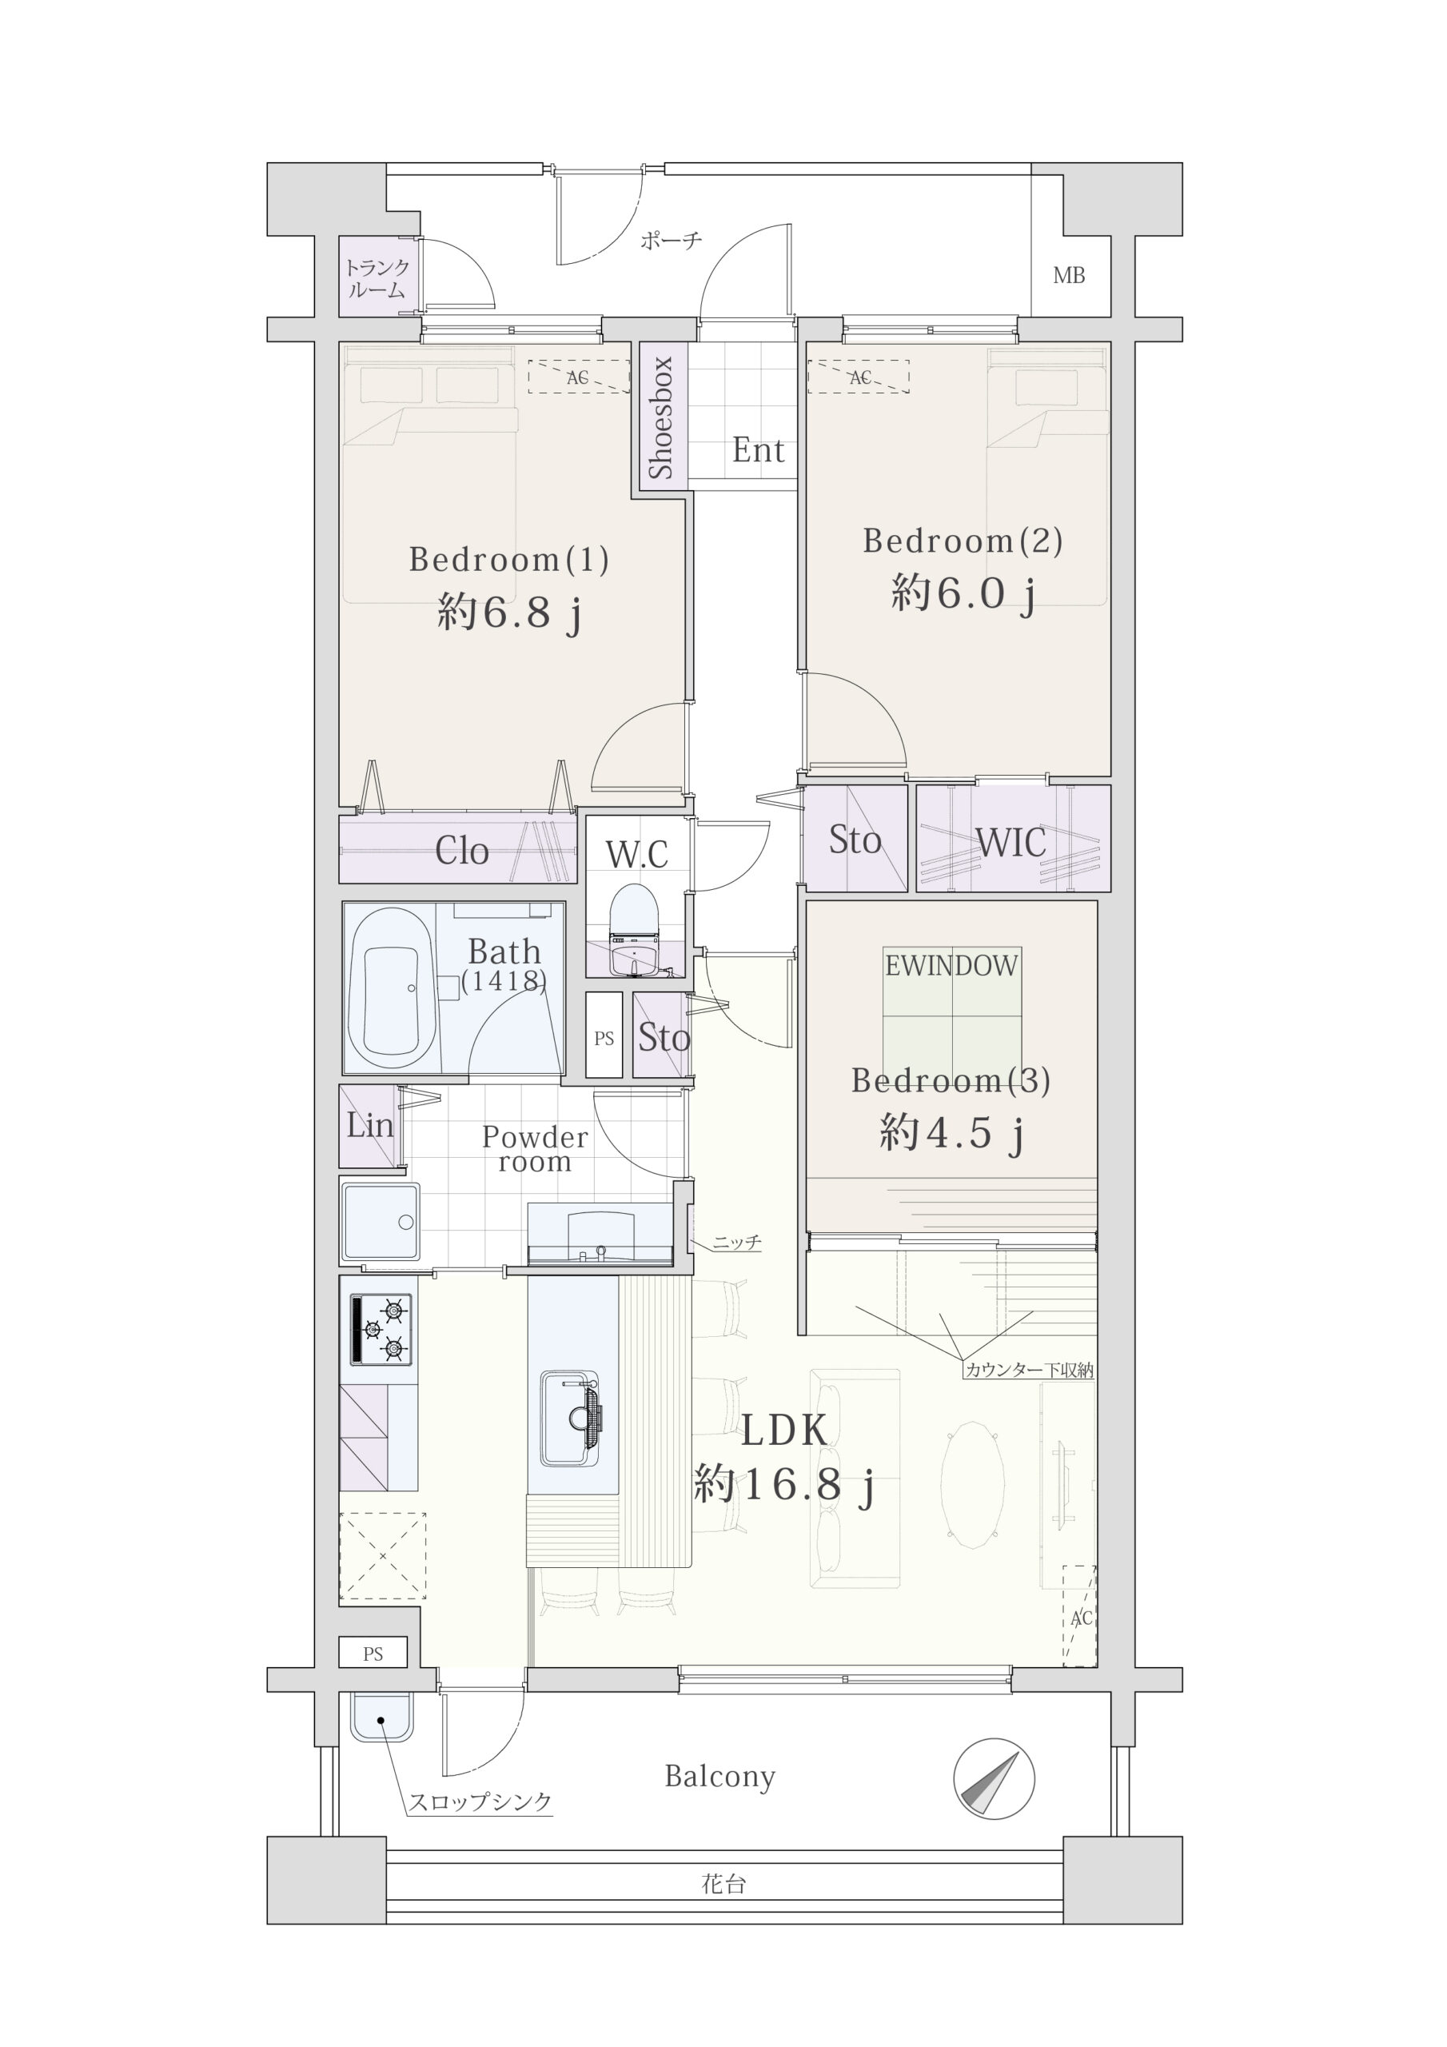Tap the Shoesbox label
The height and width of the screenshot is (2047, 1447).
[x=660, y=417]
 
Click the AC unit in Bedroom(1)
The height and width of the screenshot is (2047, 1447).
[x=579, y=377]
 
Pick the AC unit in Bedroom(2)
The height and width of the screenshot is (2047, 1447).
[x=859, y=377]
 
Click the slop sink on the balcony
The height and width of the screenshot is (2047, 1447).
[x=381, y=1716]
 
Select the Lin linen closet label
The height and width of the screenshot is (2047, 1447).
[x=369, y=1125]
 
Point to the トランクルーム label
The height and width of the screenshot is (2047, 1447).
[x=377, y=278]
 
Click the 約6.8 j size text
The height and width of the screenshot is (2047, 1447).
[x=509, y=613]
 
